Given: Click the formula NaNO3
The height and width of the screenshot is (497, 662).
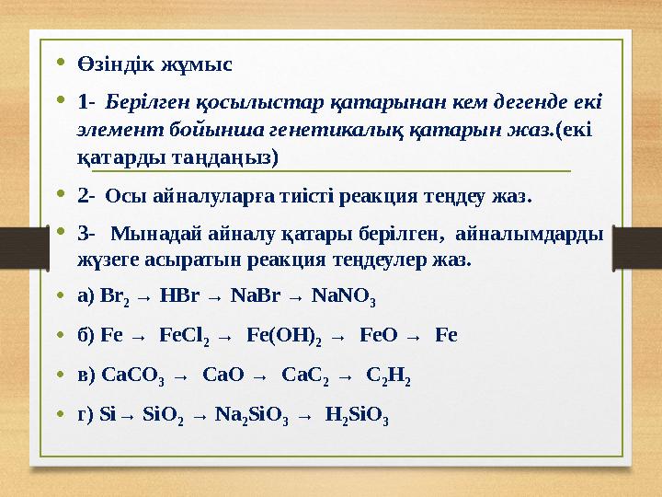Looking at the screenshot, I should click(344, 297).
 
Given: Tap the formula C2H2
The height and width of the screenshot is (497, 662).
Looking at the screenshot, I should click(388, 376).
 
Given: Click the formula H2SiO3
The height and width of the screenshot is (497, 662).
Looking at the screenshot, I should click(357, 415).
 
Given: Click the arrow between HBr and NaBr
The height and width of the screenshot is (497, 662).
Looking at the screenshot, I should click(213, 298).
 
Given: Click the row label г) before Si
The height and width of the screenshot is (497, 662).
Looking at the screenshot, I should click(86, 414).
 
